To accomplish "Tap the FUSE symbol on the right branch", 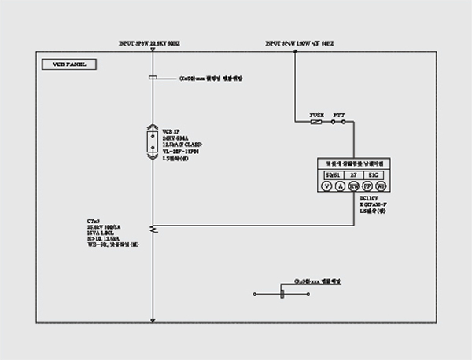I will click(316, 122).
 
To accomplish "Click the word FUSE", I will click(315, 114).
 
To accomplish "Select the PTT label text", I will click(339, 114).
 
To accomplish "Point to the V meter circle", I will click(326, 186).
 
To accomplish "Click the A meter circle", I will click(341, 186).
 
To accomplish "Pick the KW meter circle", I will click(354, 186).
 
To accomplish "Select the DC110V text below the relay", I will click(368, 198).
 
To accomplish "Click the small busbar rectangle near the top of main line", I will click(153, 79).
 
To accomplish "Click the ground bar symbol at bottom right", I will click(284, 294).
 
